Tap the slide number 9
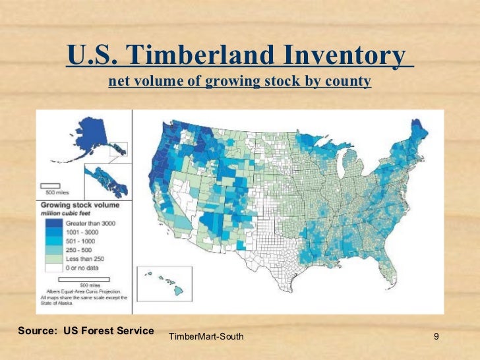(x=436, y=337)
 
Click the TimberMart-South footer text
(x=206, y=337)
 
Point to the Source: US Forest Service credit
(x=86, y=330)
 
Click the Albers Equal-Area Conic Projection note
(x=84, y=290)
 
